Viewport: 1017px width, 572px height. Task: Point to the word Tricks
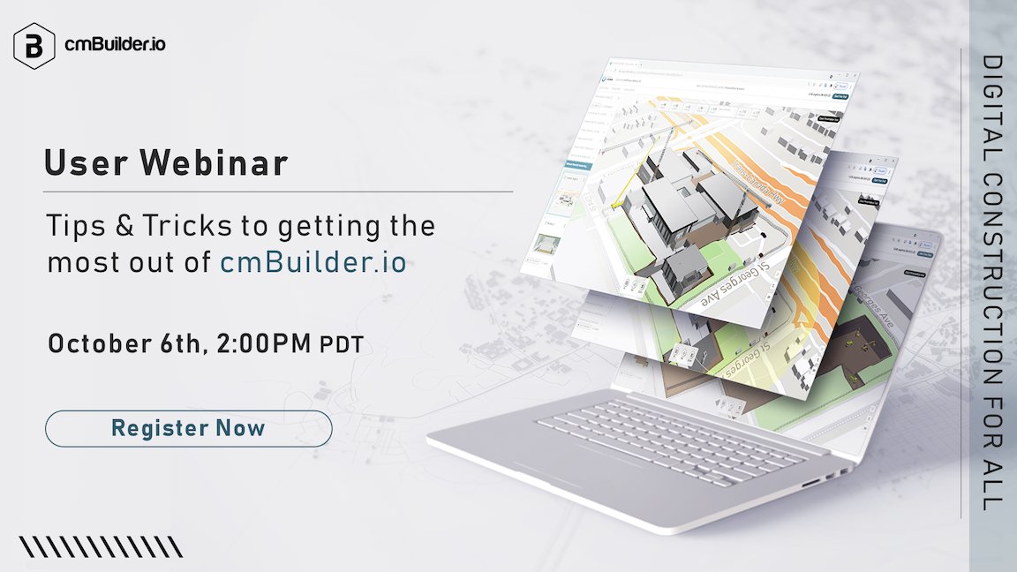click(186, 226)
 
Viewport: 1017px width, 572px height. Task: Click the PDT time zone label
click(341, 345)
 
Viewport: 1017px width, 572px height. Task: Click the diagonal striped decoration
click(102, 547)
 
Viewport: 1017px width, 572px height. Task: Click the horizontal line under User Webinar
click(278, 191)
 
